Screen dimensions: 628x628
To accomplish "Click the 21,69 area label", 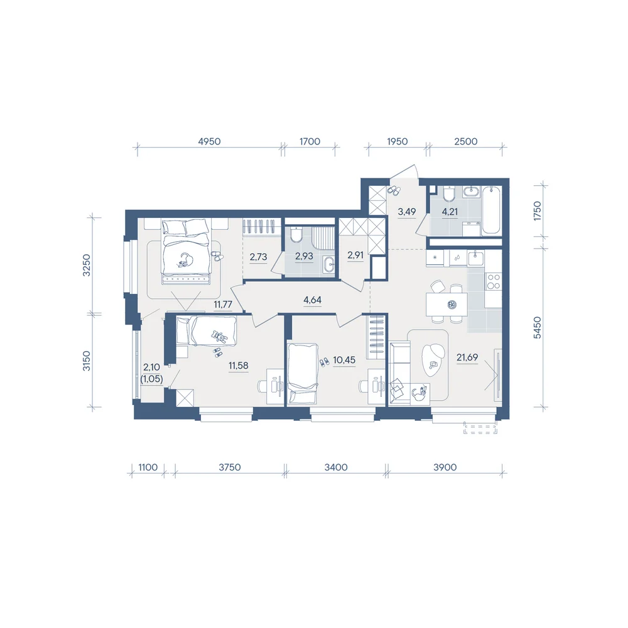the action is coord(467,357).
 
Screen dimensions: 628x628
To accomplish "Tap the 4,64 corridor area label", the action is coord(312,300).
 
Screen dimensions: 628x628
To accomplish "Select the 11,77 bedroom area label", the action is coord(223,305).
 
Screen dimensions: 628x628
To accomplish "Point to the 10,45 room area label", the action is coord(344,360).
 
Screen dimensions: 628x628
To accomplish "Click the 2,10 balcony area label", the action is coord(151,367).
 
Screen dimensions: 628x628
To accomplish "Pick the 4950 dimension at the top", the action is coord(210,141).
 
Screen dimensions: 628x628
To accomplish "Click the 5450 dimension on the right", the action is coord(537,328).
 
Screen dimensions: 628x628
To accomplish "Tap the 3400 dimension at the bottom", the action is coord(336,467).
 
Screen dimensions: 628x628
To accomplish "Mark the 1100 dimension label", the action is coord(148,467).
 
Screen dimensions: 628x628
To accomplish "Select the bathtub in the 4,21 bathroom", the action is coord(491,210).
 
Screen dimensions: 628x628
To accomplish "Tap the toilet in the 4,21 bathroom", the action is coord(448,194).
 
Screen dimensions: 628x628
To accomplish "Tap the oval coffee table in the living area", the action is coord(433,360).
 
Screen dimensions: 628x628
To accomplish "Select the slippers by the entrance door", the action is coord(393,191).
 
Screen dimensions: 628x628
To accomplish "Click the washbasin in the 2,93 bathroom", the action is coord(329,264).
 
